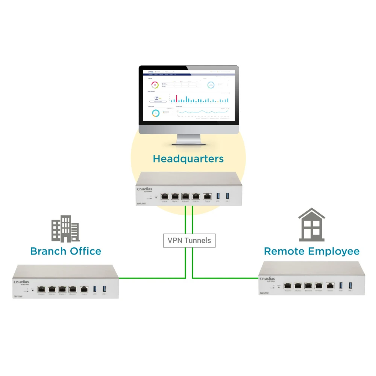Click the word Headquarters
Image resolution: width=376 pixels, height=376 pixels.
[188, 159]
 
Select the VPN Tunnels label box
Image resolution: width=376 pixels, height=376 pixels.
[189, 240]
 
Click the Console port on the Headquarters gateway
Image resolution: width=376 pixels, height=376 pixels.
[207, 196]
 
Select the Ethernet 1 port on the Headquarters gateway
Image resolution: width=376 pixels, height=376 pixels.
[165, 196]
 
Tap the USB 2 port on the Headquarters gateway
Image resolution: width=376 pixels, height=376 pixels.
[227, 196]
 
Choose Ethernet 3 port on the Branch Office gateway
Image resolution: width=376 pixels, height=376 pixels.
[62, 289]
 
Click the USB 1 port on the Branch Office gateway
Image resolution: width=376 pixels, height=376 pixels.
[95, 289]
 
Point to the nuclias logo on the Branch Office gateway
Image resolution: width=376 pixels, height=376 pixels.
[22, 282]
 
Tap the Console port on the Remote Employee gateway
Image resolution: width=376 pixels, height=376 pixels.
[330, 286]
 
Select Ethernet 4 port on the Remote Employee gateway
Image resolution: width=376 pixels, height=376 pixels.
[319, 286]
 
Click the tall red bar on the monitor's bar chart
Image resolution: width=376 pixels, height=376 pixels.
[176, 99]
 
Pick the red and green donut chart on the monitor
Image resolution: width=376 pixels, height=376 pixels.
[154, 85]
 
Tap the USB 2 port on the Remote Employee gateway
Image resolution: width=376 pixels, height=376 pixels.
[350, 286]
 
